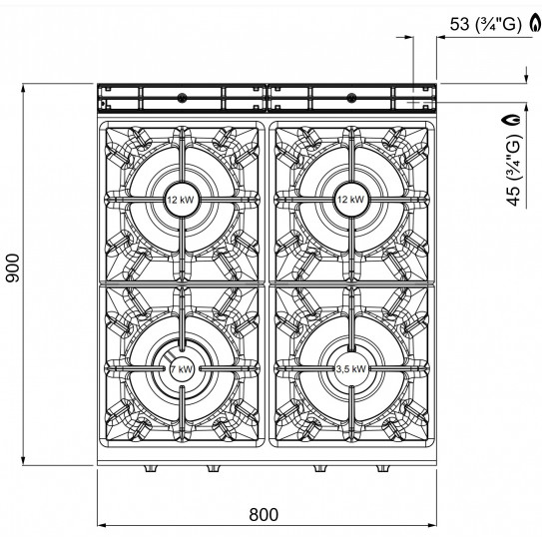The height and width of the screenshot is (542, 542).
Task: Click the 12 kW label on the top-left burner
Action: tap(181, 198)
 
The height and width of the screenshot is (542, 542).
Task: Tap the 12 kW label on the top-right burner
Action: tap(351, 198)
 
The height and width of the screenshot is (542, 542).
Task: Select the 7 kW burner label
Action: tap(181, 368)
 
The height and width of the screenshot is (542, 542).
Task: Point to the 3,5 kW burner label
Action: tap(351, 368)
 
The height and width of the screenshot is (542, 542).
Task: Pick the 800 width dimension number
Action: tap(263, 516)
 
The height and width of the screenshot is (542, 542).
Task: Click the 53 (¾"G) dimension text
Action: tap(485, 25)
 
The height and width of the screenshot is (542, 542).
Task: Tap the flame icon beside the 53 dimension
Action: tap(531, 25)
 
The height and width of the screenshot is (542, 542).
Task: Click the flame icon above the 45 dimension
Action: tap(514, 119)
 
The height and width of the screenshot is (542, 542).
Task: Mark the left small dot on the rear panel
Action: tap(182, 97)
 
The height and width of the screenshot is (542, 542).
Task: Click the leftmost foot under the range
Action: tap(150, 468)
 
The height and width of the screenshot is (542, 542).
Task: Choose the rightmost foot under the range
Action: tap(382, 468)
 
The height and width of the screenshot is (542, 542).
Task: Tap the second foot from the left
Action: tap(212, 468)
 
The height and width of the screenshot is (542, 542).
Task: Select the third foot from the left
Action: tap(320, 468)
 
